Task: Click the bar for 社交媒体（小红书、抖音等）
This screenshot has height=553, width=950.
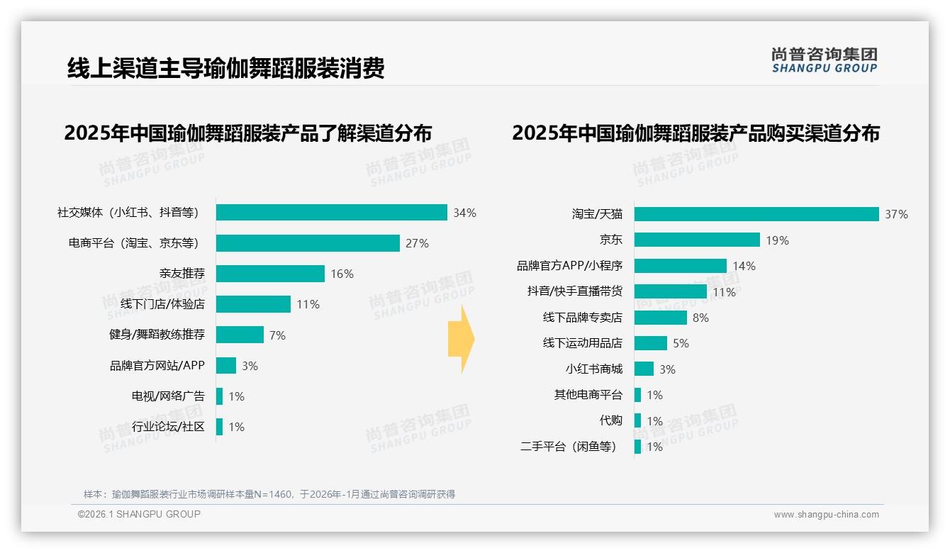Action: coord(331,213)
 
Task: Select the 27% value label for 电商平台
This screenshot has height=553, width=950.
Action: coord(417,243)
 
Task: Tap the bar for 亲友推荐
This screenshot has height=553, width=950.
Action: coord(270,274)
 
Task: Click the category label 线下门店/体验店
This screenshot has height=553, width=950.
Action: coord(162,304)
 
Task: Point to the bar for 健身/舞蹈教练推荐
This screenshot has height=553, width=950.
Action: coord(240,335)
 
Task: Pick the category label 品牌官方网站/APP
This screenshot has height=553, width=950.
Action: coord(157,366)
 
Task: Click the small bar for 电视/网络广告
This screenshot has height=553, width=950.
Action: coord(220,396)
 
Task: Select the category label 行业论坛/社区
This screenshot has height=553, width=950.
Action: coord(168,427)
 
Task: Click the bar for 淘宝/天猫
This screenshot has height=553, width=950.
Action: coord(756,214)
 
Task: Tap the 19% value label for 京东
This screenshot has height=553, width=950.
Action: coord(777,240)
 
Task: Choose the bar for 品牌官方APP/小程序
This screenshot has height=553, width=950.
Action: coord(681,266)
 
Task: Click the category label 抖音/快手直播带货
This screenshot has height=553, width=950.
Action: coord(574,291)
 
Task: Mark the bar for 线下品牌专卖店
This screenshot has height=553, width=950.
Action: coord(661,318)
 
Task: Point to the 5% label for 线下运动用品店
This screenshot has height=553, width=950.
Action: coord(681,343)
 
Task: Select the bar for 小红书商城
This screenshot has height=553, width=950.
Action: coord(644,369)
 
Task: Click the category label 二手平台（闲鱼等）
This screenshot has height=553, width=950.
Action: coord(569,447)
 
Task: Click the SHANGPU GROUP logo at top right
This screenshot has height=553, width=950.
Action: coord(824,60)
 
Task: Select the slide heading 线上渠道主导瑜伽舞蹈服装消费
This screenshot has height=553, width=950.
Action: coord(225,68)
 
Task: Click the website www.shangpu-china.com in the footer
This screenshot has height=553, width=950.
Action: coord(826,515)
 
